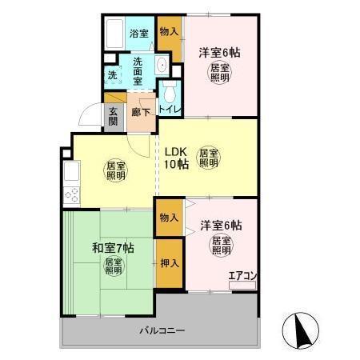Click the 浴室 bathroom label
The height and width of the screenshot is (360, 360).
click(x=139, y=33)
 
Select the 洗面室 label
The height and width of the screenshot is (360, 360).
click(x=138, y=70)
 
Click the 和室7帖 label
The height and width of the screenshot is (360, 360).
click(x=110, y=246)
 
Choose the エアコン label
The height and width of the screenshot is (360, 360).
click(x=242, y=278)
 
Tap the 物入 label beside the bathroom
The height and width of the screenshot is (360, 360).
click(x=168, y=32)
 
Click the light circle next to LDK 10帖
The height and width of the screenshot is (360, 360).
click(x=209, y=158)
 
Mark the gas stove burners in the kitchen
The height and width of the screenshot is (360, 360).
click(x=69, y=195)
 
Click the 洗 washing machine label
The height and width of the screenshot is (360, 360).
click(x=112, y=77)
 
